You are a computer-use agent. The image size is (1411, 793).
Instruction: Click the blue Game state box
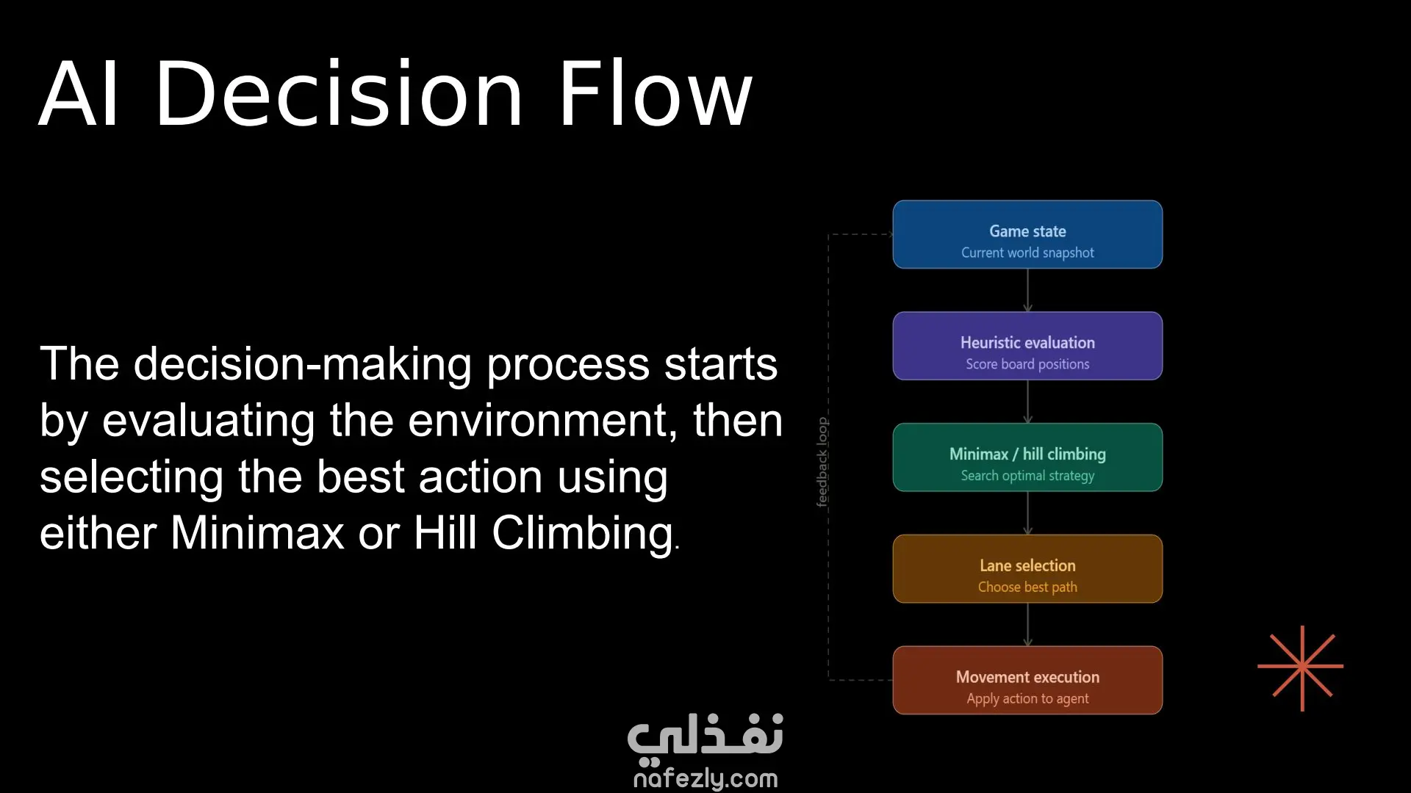1027,234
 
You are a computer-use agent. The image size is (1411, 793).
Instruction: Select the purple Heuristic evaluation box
1027,346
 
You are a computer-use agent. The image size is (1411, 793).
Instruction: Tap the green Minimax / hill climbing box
1027,457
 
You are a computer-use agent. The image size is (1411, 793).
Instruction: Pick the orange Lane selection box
1027,569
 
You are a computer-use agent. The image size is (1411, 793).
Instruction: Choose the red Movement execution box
1027,681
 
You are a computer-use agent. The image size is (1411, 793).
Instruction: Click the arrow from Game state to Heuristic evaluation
1027,291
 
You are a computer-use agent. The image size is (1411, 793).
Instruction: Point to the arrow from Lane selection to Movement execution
1027,625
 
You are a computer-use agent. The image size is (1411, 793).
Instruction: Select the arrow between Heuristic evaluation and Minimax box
1027,402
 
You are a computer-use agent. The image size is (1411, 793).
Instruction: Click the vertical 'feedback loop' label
822,462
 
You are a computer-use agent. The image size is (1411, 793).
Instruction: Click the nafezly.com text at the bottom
705,778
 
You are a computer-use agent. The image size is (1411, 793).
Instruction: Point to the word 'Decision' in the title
339,94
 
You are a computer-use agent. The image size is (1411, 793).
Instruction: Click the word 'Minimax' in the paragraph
257,532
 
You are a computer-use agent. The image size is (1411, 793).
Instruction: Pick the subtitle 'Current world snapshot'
1027,253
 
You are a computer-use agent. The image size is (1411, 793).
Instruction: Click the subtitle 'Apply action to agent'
1027,699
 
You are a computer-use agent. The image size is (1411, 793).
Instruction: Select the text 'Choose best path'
1027,587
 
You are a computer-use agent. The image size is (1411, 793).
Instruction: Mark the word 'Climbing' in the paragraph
583,534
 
